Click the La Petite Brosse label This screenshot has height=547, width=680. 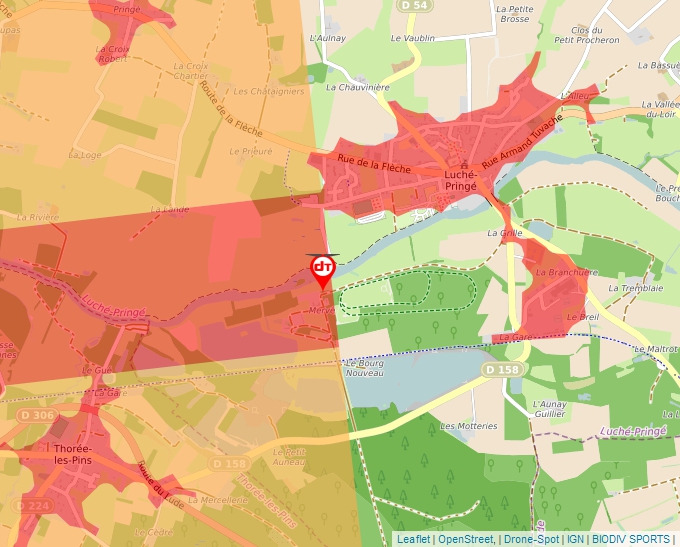pyautogui.click(x=513, y=13)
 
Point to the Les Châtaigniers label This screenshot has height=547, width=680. pyautogui.click(x=268, y=91)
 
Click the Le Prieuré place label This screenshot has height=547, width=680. pyautogui.click(x=250, y=152)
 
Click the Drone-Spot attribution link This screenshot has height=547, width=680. pyautogui.click(x=531, y=539)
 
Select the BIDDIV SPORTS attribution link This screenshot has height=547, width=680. pyautogui.click(x=630, y=539)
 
